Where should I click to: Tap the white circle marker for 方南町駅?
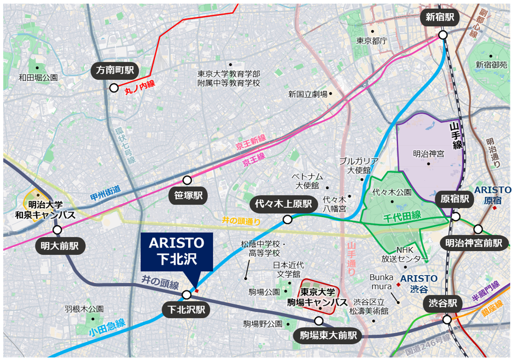click(x=114, y=88)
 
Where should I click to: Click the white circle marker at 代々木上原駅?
click(x=287, y=220)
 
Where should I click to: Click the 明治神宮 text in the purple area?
click(x=429, y=154)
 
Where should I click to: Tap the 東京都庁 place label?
click(x=371, y=41)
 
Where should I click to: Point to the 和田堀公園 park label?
click(x=38, y=78)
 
